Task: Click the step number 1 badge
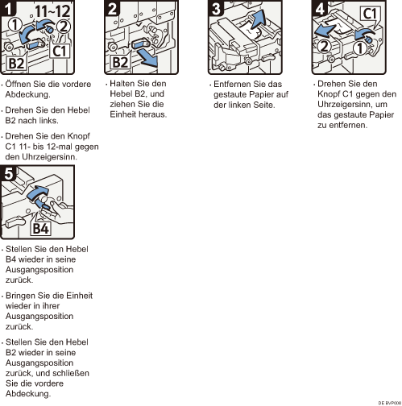(x=8, y=8)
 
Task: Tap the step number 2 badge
(x=112, y=8)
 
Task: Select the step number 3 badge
(x=216, y=8)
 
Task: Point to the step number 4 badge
(x=320, y=8)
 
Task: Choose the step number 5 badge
(x=9, y=173)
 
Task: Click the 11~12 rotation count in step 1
(x=52, y=11)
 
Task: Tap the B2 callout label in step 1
(x=16, y=64)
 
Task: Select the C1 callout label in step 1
(x=60, y=51)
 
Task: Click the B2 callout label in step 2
(x=120, y=62)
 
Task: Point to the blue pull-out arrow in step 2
(x=147, y=60)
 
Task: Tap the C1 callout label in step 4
(x=370, y=14)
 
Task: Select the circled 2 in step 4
(x=325, y=46)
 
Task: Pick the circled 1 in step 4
(x=360, y=48)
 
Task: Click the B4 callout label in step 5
(x=40, y=229)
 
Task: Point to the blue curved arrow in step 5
(x=38, y=193)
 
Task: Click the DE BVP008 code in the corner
(x=390, y=403)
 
